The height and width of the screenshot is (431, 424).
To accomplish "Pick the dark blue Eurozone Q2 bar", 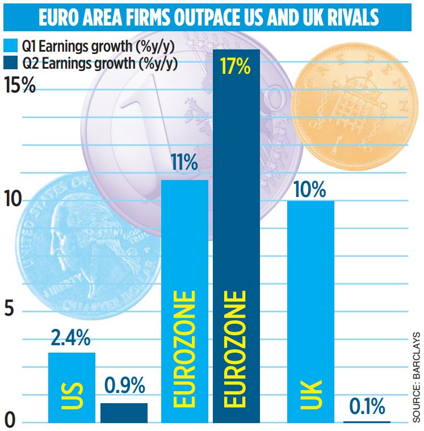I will (x=236, y=238).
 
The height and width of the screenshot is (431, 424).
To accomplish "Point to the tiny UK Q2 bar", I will (x=367, y=422).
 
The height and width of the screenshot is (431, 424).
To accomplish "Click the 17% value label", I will (x=236, y=67).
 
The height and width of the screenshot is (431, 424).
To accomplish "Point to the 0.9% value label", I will (x=124, y=388).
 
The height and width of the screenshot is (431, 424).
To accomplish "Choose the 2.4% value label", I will (x=70, y=338).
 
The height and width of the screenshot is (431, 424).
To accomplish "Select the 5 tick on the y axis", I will (x=12, y=312).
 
